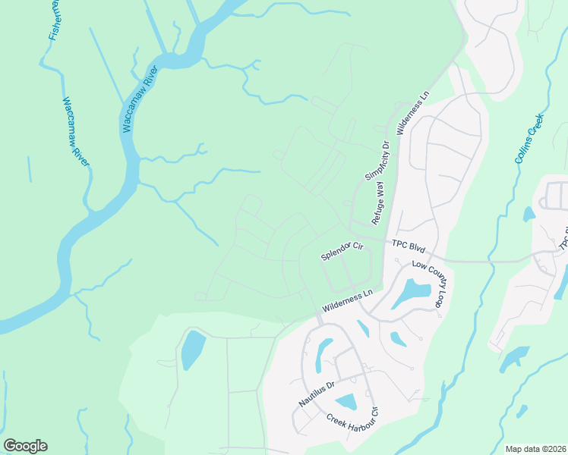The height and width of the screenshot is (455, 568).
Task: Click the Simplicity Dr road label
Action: coord(377,160)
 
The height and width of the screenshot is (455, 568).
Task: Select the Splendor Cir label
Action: coord(342,251)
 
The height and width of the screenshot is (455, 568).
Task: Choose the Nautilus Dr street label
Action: coord(315,394)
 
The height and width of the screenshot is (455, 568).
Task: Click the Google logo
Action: coord(25,446)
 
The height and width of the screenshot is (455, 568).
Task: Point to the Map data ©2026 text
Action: coord(535,449)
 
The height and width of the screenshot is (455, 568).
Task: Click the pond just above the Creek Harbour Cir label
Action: coord(346,402)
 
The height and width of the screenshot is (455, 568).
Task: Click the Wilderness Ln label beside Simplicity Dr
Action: coord(413,115)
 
